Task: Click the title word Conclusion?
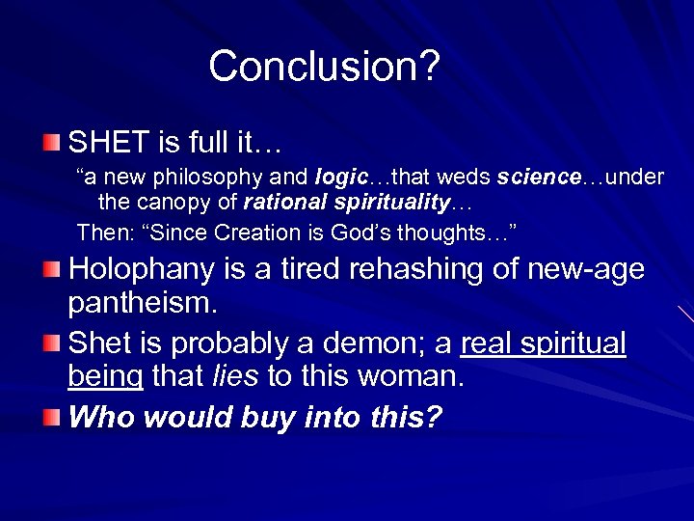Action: (325, 67)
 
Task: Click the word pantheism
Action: (141, 304)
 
